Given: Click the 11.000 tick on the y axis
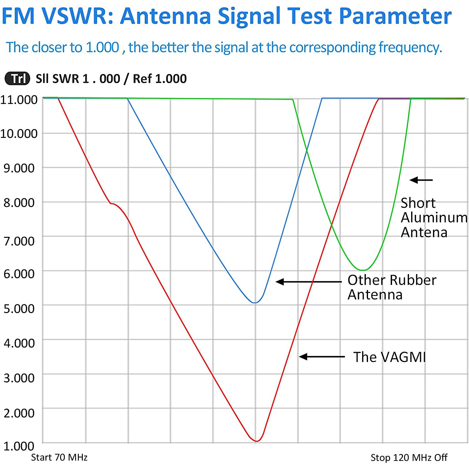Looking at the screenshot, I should pyautogui.click(x=19, y=100).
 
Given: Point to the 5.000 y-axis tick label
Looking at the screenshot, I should pyautogui.click(x=19, y=308).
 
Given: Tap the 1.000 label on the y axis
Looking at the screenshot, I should pyautogui.click(x=19, y=446).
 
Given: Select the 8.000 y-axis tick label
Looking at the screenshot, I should pyautogui.click(x=19, y=203).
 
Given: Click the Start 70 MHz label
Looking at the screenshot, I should pyautogui.click(x=59, y=457).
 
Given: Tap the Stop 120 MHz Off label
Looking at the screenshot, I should pyautogui.click(x=409, y=458).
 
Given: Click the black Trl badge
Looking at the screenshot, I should pyautogui.click(x=18, y=79).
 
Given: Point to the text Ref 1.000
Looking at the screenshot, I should pyautogui.click(x=160, y=79).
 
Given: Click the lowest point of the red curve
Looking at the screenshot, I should pyautogui.click(x=256, y=441).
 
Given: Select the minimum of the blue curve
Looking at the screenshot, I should pyautogui.click(x=255, y=303).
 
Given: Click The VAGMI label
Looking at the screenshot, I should pyautogui.click(x=390, y=357).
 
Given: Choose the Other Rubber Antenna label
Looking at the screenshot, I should pyautogui.click(x=392, y=287).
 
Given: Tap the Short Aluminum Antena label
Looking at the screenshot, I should pyautogui.click(x=433, y=218).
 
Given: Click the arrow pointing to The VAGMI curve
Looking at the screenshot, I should pyautogui.click(x=322, y=357).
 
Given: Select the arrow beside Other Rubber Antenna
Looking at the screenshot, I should pyautogui.click(x=308, y=282).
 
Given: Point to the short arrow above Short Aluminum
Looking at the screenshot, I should pyautogui.click(x=421, y=180).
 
